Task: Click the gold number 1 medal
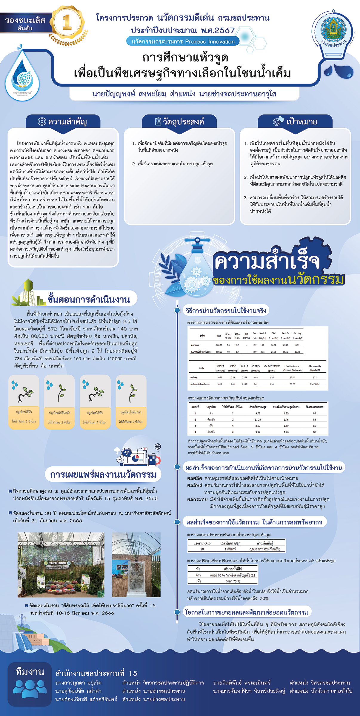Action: coord(67,22)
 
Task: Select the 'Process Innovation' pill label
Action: coord(183,41)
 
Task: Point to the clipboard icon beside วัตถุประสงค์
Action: coord(158,121)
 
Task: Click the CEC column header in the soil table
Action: coord(273,333)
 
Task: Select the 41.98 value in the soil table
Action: coord(285,345)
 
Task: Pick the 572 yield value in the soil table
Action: coord(315,377)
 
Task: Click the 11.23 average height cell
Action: coord(258,419)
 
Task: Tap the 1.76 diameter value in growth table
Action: coord(286,432)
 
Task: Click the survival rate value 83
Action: coord(314,419)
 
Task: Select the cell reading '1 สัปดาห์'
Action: coord(230,549)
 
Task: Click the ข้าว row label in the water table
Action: coord(198,575)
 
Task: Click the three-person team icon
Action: coord(30,688)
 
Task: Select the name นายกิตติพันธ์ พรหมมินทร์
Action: coord(242,683)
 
